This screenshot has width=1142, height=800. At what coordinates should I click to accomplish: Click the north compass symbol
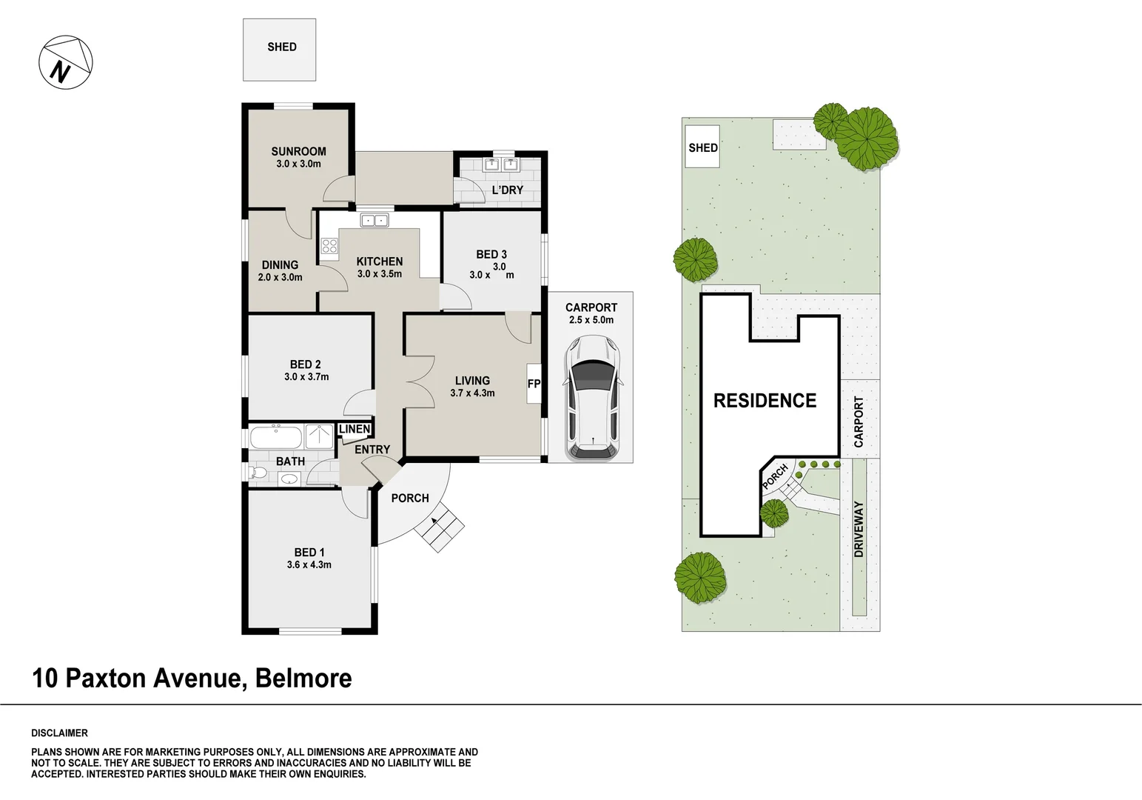(66, 61)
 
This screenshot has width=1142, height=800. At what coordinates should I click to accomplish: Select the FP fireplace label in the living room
(534, 384)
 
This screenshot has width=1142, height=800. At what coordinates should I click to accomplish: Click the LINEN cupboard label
(355, 430)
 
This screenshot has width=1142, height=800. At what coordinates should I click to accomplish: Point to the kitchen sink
(374, 220)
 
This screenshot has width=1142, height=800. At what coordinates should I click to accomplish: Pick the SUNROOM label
(298, 151)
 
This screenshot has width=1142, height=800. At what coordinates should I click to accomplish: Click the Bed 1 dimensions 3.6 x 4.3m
(309, 564)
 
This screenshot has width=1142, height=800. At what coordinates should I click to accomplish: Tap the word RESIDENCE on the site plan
(765, 401)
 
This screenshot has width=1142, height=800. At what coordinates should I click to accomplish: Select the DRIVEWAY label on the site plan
(859, 529)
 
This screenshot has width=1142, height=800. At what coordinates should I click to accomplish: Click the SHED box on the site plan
(702, 147)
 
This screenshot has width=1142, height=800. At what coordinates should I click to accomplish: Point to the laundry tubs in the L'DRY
(502, 164)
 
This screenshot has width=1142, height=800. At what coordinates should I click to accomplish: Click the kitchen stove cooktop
(329, 247)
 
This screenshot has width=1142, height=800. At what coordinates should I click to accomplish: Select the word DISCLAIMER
(59, 733)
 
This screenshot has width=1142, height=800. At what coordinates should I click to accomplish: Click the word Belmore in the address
(303, 678)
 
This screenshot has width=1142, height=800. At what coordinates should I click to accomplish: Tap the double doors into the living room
(419, 380)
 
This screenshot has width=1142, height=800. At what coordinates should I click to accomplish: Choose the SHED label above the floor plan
(281, 47)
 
